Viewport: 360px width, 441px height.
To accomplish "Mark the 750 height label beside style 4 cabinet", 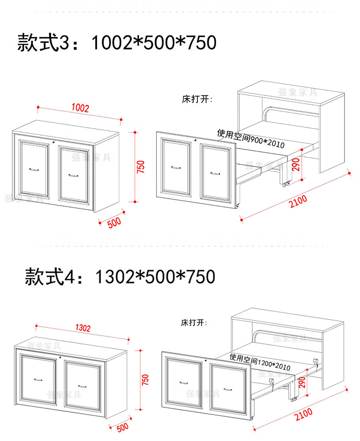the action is (x=145, y=380).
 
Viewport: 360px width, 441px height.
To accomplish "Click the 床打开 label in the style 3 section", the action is (x=197, y=99).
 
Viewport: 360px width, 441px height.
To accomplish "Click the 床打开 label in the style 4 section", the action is (x=194, y=323).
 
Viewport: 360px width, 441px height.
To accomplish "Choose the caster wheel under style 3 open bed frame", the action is (x=287, y=184).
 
